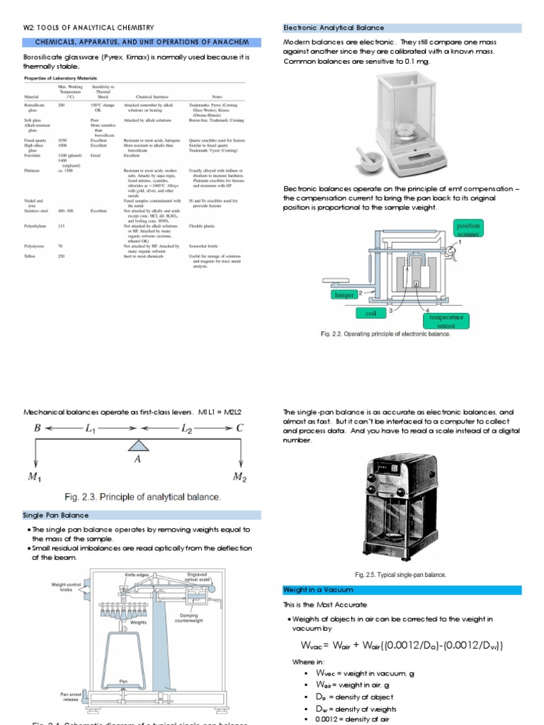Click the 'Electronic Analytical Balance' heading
coord(334,28)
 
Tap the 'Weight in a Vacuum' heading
coord(318,590)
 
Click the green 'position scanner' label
coord(468,230)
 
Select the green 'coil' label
coord(370,313)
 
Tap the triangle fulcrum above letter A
coord(137,445)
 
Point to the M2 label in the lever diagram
coord(242,476)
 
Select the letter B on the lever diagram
coord(38,428)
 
